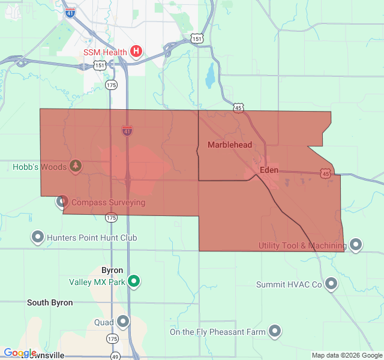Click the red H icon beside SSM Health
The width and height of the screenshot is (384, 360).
tap(136, 52)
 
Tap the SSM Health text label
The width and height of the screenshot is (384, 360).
tap(105, 52)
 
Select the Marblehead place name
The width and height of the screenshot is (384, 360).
tap(230, 145)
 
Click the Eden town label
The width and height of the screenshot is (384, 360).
tap(269, 170)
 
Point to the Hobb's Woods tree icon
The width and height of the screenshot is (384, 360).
tap(76, 165)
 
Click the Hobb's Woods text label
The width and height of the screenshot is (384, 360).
tap(40, 166)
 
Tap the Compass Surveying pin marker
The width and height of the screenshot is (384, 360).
tap(62, 202)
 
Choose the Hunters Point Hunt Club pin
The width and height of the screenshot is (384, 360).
tap(37, 237)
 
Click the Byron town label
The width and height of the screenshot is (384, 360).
tap(112, 270)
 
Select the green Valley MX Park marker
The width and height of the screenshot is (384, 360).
tap(134, 281)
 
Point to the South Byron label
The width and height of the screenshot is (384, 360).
tap(50, 302)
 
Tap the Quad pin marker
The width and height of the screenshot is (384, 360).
tap(123, 322)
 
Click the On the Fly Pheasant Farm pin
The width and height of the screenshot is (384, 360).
tap(275, 331)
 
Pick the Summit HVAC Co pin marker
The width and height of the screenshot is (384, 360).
tap(331, 284)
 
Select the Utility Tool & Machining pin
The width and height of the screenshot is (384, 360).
tap(356, 245)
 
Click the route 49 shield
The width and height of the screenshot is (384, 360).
tap(116, 356)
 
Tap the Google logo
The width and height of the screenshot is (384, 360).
tap(20, 353)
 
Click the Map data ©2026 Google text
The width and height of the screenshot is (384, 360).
tap(346, 355)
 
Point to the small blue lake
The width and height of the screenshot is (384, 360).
tap(210, 76)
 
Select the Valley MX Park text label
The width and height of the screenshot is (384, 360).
tap(97, 281)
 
